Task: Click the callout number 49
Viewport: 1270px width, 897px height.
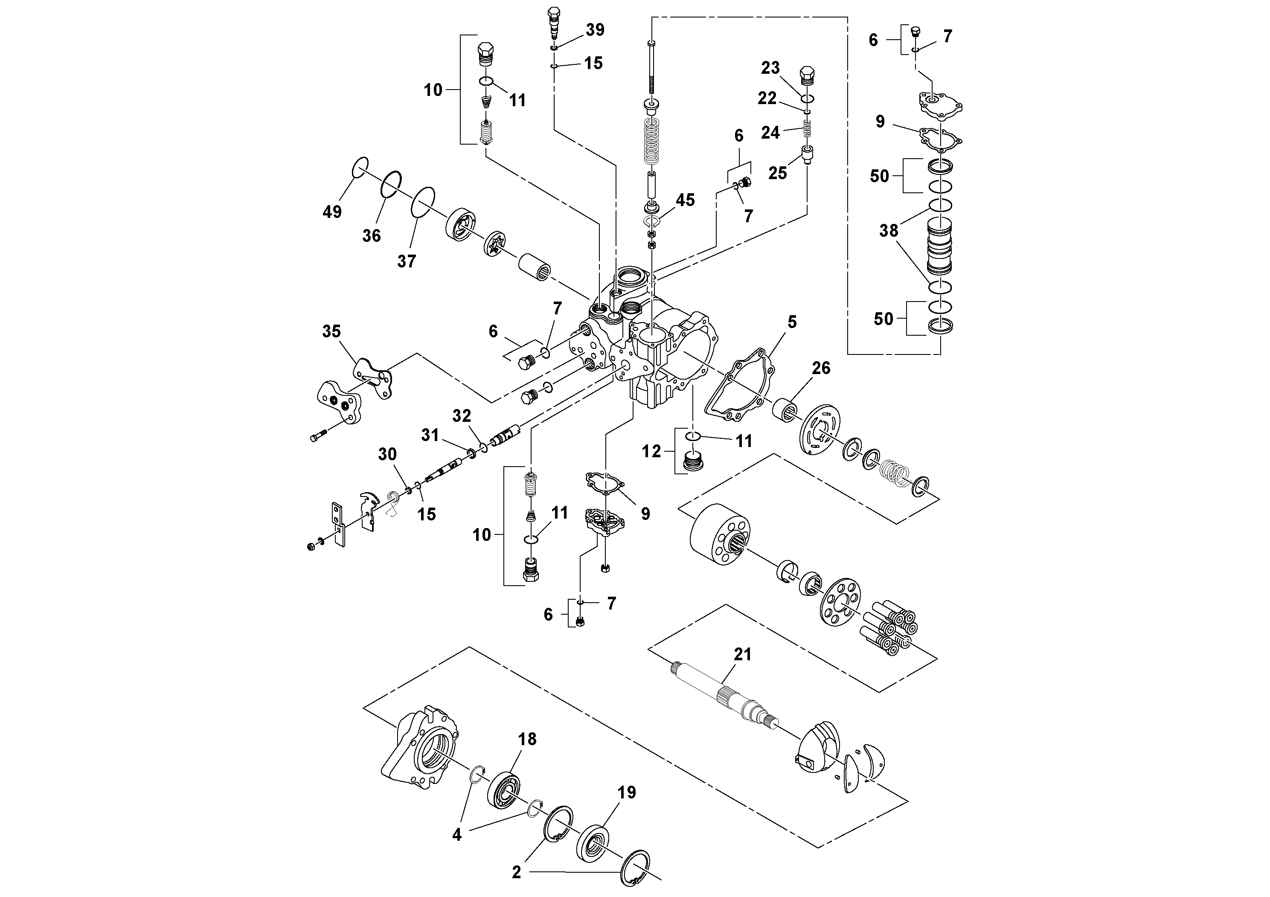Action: pos(332,212)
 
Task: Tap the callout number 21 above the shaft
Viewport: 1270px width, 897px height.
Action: pos(742,654)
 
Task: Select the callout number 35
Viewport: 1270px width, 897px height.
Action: pos(331,331)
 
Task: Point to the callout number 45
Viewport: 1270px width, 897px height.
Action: pos(685,200)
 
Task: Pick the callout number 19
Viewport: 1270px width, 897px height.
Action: pos(627,792)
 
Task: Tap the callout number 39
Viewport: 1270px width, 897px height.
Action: pos(595,30)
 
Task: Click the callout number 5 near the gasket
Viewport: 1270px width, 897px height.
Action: pos(792,322)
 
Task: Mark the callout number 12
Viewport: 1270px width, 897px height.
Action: pos(651,452)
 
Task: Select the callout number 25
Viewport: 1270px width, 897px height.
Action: pos(777,173)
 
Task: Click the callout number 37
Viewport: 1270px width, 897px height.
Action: pos(406,261)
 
